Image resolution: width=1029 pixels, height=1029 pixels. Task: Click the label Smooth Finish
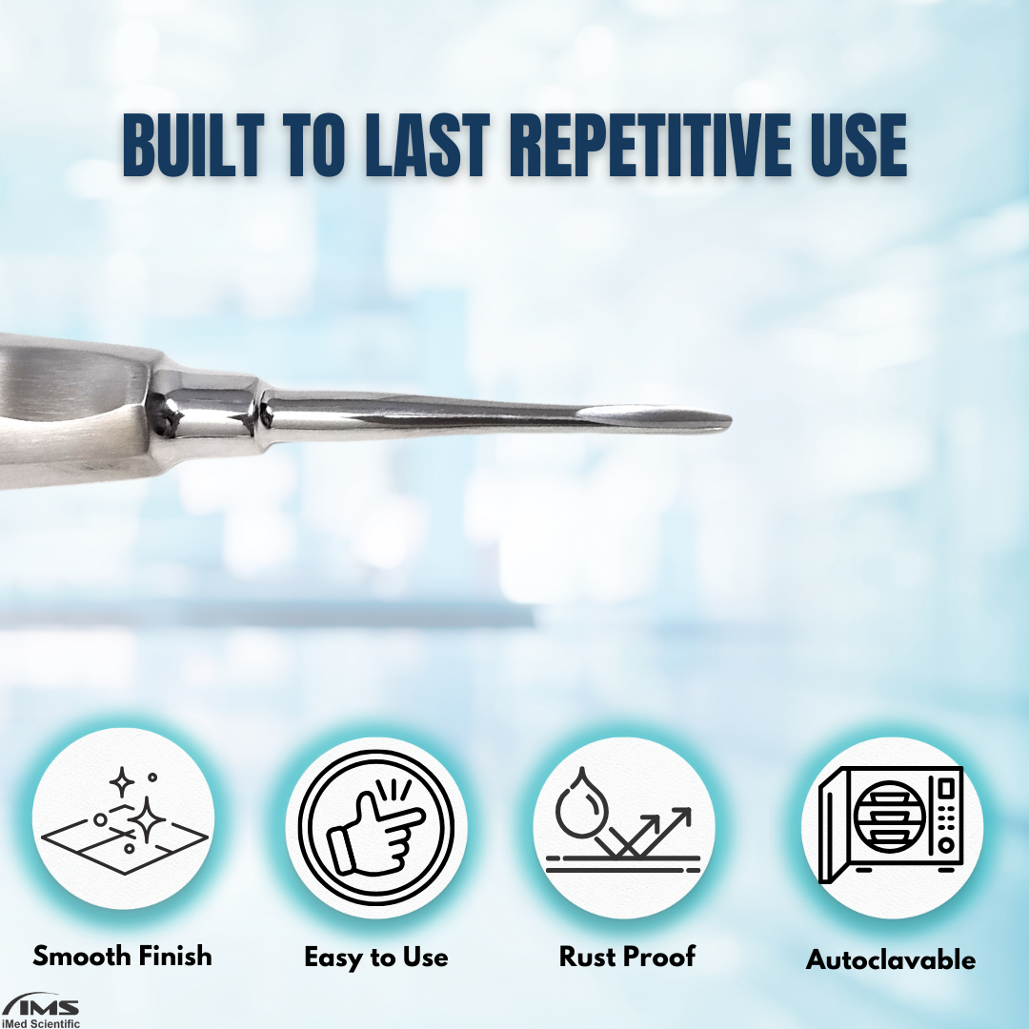click(123, 957)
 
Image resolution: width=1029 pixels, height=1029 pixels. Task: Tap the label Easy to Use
click(376, 958)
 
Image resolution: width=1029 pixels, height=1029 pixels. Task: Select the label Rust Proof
click(627, 957)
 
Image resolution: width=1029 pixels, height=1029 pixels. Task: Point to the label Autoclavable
click(891, 960)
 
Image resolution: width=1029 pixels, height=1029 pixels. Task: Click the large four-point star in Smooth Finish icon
click(147, 818)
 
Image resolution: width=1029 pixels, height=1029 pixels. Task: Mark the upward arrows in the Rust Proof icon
click(650, 832)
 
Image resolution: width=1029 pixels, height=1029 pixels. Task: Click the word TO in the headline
click(314, 145)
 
